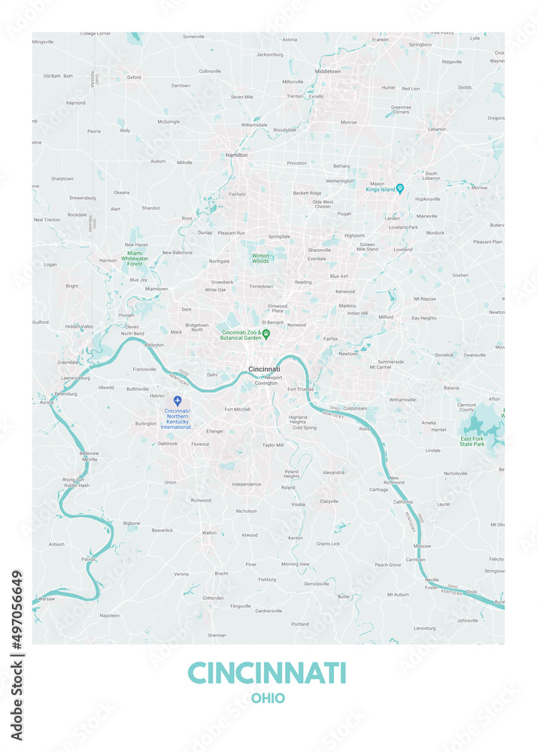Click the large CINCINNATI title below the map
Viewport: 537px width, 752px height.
tap(267, 672)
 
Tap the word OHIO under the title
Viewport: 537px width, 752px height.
tap(268, 699)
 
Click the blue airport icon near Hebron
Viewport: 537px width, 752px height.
tap(177, 401)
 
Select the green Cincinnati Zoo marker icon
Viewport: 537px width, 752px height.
tap(266, 333)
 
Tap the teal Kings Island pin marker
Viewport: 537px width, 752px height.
tap(400, 188)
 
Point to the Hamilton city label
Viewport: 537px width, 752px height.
tap(236, 155)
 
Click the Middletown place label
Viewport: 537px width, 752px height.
tap(327, 71)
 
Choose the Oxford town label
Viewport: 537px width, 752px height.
tap(134, 77)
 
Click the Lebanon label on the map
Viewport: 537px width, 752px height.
tap(437, 129)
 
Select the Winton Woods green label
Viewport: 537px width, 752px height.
tap(260, 258)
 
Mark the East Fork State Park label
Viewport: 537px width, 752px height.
tap(472, 441)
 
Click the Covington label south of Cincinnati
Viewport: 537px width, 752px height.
tap(266, 383)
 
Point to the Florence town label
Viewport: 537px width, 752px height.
tap(200, 444)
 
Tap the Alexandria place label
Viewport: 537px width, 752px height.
tap(333, 472)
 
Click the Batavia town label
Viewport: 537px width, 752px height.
tap(451, 387)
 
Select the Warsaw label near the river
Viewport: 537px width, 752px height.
tap(47, 599)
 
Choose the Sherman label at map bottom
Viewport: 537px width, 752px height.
tap(217, 635)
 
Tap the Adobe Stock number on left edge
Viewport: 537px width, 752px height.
tap(17, 655)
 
